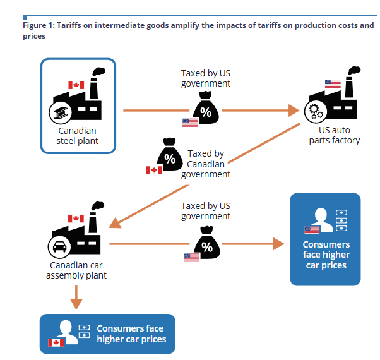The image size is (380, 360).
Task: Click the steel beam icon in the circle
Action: [60, 112]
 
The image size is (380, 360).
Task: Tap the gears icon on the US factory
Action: [316, 112]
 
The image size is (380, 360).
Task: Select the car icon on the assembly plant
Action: [59, 247]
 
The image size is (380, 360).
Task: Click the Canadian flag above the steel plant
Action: [76, 85]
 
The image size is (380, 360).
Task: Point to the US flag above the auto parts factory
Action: [333, 83]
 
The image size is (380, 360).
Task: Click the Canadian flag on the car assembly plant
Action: [76, 219]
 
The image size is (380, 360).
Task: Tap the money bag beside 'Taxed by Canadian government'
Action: [170, 154]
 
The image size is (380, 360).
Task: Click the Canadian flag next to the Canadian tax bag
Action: [154, 170]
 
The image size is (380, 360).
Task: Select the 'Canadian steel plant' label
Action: [77, 136]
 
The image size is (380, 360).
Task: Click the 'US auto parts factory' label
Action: [335, 135]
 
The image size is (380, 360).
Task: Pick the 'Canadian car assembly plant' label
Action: [76, 270]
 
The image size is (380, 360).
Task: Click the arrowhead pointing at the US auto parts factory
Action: [294, 111]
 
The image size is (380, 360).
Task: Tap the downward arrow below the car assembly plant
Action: [76, 297]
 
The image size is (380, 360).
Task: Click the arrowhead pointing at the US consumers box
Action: [279, 244]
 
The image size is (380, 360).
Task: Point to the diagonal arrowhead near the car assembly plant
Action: [115, 223]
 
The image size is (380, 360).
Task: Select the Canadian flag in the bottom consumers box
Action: [56, 342]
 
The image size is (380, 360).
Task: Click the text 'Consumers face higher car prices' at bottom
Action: [131, 334]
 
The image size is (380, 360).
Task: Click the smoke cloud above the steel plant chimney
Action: [99, 71]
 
